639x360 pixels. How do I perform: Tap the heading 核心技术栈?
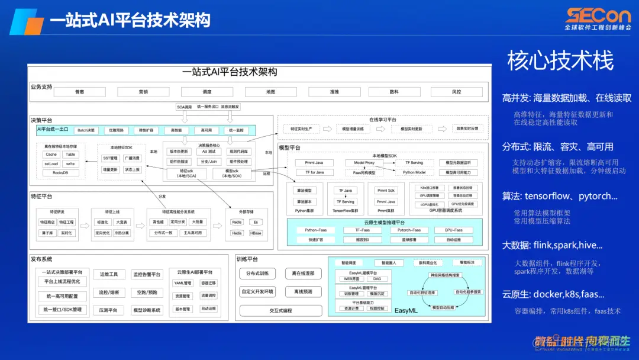(560, 60)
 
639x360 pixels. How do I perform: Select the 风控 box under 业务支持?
(456, 92)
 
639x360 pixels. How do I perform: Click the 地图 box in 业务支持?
(270, 92)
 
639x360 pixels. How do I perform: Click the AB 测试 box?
(209, 151)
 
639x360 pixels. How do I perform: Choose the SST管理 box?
(110, 158)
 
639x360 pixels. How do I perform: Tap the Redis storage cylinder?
(237, 222)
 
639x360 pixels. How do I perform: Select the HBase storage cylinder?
(256, 233)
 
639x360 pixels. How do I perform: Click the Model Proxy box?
(364, 162)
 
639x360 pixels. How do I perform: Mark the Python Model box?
(414, 172)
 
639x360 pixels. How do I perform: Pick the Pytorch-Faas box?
(409, 230)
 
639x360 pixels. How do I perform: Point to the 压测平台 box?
(108, 310)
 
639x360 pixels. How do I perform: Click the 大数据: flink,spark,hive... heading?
(552, 245)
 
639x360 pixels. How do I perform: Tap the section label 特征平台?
(41, 196)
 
